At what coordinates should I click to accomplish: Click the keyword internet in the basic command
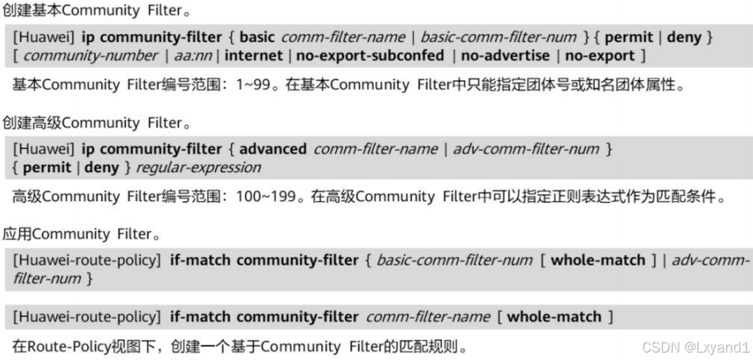(x=252, y=55)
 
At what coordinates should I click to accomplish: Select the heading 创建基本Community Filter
(x=85, y=11)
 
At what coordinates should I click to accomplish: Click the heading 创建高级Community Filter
(x=85, y=122)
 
